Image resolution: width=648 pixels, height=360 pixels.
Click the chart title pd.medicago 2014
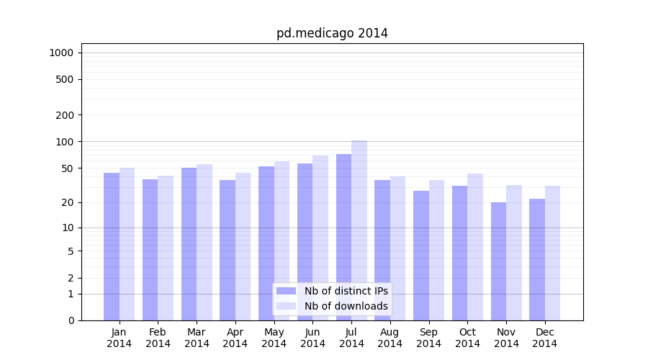tap(332, 33)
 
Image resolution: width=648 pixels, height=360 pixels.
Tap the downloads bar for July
tap(359, 230)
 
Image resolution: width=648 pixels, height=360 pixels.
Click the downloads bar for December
tap(552, 253)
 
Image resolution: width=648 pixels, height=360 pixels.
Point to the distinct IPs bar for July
tap(343, 237)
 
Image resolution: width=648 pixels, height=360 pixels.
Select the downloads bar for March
tap(204, 242)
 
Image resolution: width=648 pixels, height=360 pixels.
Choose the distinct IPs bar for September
tap(421, 255)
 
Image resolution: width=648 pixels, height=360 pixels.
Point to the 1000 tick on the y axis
tap(61, 53)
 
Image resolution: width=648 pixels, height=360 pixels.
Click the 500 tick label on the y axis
tap(65, 79)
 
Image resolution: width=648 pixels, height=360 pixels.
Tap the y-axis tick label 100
tap(65, 142)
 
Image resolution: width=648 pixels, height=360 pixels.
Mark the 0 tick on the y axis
tap(71, 320)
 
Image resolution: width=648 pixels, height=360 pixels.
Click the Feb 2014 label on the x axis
tap(158, 338)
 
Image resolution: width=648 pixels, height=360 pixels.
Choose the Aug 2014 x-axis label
tap(390, 338)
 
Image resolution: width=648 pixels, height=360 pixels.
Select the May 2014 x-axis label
tap(274, 338)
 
